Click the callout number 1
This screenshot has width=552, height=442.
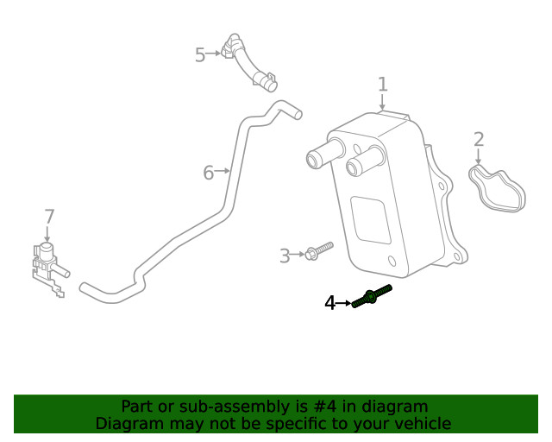tap(383, 85)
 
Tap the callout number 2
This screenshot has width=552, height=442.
tap(479, 140)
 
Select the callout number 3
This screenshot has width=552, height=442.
tap(285, 256)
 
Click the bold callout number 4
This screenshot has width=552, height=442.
tap(329, 303)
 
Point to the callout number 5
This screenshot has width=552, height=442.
tap(200, 55)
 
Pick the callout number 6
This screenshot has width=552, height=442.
tap(209, 173)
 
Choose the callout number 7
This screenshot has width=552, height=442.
tap(50, 217)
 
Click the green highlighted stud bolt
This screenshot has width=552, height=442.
tap(372, 296)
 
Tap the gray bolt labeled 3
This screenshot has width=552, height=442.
tap(319, 250)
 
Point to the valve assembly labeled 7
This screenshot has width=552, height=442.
tap(49, 268)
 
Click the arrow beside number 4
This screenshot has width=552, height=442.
tap(343, 303)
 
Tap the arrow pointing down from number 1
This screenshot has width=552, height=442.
tap(382, 102)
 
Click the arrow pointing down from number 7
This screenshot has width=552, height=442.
tap(47, 234)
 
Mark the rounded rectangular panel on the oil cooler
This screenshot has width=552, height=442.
tap(371, 220)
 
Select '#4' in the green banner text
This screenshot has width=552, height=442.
tap(324, 407)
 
